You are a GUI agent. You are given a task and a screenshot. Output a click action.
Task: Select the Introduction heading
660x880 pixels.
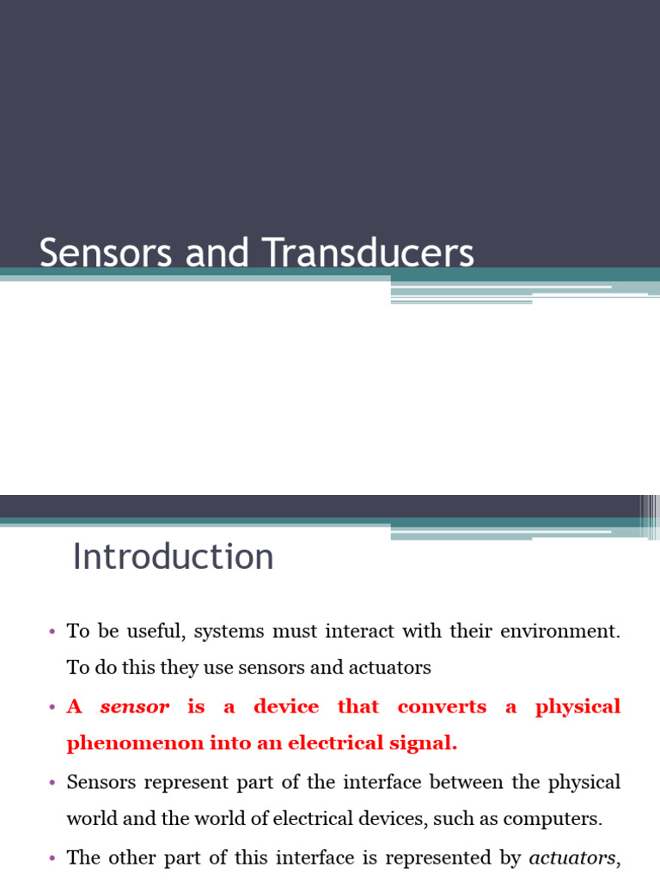pos(173,557)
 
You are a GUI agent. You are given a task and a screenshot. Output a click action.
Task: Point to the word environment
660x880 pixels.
pos(556,632)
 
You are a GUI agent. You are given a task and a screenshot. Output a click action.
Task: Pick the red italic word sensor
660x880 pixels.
pos(135,707)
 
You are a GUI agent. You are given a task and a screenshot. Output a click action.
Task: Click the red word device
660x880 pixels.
pos(286,707)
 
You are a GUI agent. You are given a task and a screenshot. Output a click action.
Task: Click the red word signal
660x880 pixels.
pos(426,744)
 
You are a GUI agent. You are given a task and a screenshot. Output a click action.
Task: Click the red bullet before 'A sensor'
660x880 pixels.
pos(51,707)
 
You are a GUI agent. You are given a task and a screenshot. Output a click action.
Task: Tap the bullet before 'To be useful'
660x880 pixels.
pos(51,632)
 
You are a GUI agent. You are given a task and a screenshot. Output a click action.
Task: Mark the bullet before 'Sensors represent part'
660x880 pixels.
pos(51,782)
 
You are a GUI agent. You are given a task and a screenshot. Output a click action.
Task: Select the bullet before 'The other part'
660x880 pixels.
pos(51,857)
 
